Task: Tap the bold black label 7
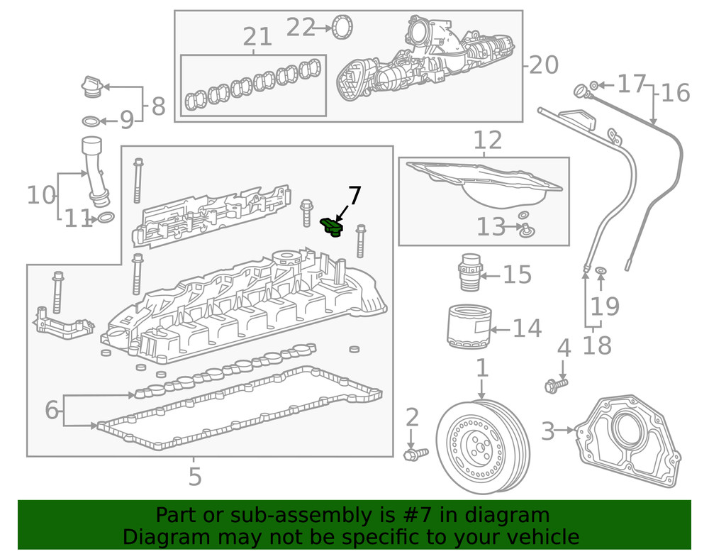354,196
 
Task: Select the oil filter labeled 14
467,327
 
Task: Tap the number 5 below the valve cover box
195,476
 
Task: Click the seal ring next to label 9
91,120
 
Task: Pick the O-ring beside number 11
105,217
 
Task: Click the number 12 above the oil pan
486,140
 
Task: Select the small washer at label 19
601,271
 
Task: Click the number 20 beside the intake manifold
544,65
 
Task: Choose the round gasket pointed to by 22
343,28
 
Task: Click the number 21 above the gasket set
257,37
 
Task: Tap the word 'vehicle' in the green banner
538,537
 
